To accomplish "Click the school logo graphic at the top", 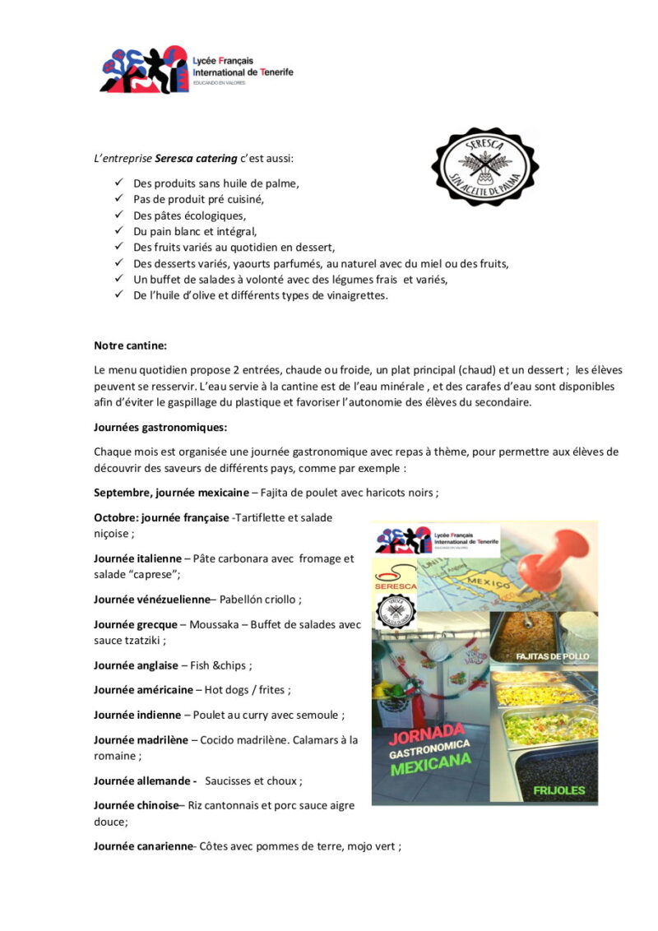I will click(x=144, y=70).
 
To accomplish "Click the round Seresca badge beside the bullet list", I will click(x=484, y=166).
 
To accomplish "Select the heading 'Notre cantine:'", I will click(x=131, y=345).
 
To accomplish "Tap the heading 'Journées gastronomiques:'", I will click(x=160, y=428).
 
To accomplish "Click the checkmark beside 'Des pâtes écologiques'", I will click(x=118, y=215).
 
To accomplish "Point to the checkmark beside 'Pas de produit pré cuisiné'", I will click(x=118, y=199).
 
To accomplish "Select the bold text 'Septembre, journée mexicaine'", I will click(x=171, y=493).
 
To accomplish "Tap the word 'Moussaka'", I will click(x=215, y=624).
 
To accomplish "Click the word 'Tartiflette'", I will click(x=262, y=517).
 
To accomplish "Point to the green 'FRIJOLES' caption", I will click(x=558, y=790).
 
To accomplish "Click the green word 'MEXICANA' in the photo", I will click(x=430, y=767).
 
